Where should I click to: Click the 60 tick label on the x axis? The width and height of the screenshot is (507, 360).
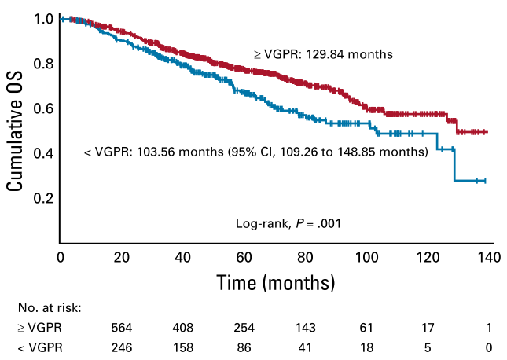coord(244,258)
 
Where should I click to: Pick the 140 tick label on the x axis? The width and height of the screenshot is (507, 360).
coord(490,258)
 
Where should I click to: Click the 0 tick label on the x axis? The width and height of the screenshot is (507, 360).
coord(61,258)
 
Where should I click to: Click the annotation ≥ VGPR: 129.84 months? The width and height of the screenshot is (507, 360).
coord(322,55)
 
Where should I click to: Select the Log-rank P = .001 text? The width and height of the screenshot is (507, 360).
coord(288,223)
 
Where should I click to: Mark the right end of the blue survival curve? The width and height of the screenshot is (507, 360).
coord(486,181)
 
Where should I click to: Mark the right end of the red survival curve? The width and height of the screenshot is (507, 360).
coord(487,132)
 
